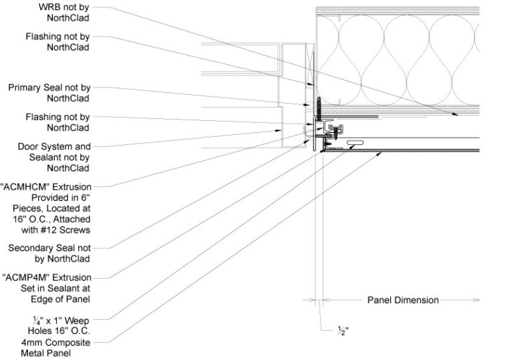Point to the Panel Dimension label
403,300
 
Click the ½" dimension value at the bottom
326,330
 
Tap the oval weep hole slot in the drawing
355,142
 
